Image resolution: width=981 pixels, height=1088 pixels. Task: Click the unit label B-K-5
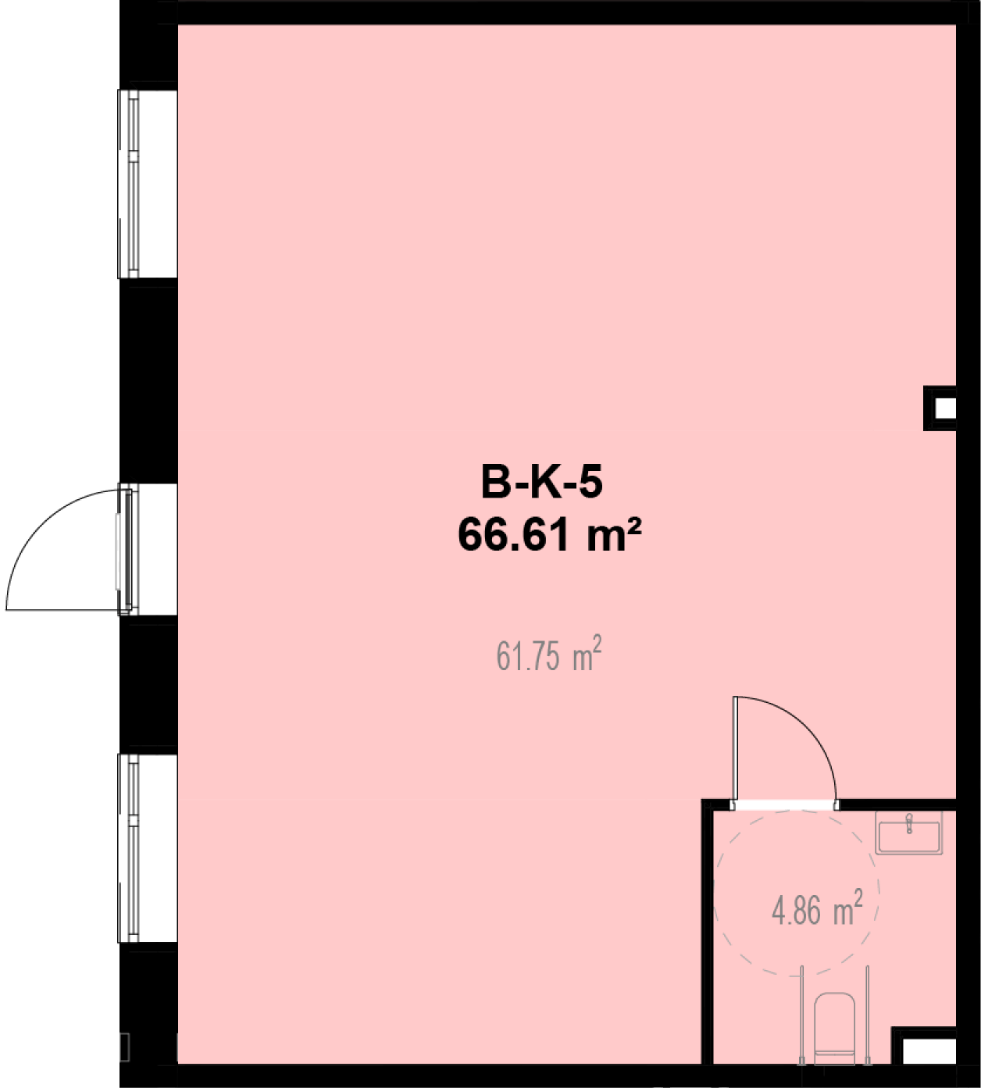[541, 483]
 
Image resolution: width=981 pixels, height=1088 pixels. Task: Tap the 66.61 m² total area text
[550, 535]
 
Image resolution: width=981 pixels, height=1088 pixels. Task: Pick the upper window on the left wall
[129, 184]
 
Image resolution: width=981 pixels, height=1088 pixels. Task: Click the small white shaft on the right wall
[944, 408]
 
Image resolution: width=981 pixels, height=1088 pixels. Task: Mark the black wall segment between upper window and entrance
[148, 380]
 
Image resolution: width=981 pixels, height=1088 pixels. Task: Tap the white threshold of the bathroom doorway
[785, 805]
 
